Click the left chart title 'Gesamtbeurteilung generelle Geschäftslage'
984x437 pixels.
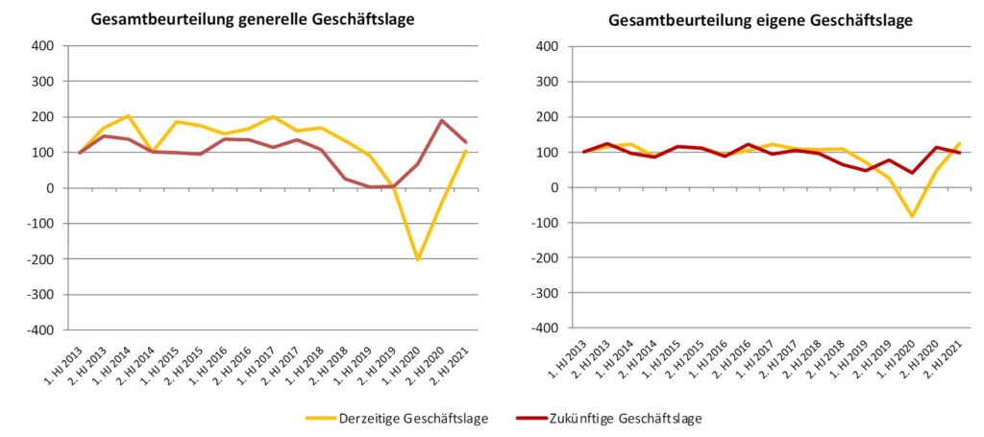[253, 19]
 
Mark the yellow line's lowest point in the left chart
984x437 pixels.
[417, 259]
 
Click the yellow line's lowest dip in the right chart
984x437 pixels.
[911, 216]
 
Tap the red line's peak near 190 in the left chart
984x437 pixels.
[442, 121]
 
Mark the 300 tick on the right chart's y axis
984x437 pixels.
[545, 82]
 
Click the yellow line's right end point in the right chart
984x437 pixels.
[960, 143]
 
